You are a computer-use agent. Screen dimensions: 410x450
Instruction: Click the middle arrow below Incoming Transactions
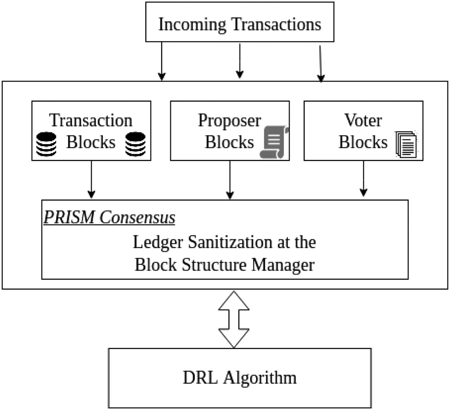pos(239,60)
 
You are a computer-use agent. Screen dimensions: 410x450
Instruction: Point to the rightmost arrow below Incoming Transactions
pos(320,63)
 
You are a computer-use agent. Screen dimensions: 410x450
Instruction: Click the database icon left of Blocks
pos(46,144)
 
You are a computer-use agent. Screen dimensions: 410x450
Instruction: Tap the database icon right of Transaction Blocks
pos(135,144)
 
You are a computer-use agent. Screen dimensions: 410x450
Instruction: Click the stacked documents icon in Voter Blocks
pos(406,144)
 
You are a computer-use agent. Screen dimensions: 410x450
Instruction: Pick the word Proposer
pos(229,121)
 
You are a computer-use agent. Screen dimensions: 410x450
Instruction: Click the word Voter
pos(363,121)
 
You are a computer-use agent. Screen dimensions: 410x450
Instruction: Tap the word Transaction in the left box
pos(91,121)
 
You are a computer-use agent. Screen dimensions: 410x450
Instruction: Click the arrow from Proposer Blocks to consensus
pos(230,180)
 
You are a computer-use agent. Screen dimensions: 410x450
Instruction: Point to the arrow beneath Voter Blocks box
pos(363,178)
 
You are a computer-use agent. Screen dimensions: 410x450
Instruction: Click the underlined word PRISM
pos(69,217)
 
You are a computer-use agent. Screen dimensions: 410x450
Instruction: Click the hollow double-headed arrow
pos(234,319)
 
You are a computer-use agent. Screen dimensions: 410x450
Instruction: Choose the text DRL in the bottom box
pos(200,378)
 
